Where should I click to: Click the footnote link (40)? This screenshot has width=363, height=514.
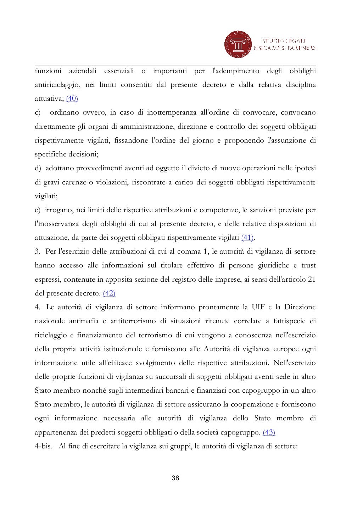point(72,99)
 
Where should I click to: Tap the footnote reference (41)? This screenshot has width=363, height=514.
point(247,237)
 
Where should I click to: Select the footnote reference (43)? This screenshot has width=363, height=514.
point(269,432)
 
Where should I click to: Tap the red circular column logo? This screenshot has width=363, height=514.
point(237,45)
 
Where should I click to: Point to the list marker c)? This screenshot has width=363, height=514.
point(38,112)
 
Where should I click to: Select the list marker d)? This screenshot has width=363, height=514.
point(38,168)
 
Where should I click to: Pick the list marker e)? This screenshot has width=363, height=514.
point(38,210)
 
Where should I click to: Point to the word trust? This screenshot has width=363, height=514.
point(308,265)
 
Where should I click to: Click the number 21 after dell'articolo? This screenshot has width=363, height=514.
point(312,279)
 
